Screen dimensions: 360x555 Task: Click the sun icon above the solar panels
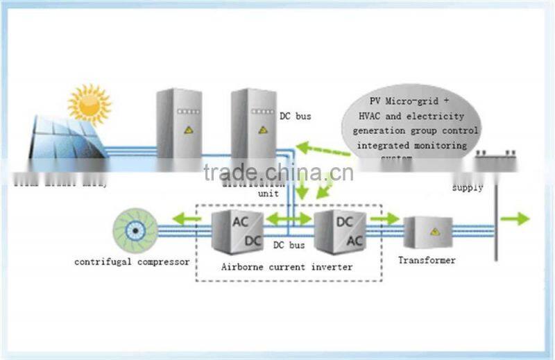pos(88,103)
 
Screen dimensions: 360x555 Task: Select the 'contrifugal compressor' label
pos(132,262)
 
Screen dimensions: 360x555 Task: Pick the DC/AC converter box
pos(341,230)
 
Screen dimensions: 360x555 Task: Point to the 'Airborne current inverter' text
pos(287,266)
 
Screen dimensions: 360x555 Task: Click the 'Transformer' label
pos(427,260)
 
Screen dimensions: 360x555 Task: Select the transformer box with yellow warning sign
pos(429,231)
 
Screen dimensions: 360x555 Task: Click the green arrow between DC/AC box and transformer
pos(385,219)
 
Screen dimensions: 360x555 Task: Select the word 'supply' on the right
pos(468,187)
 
